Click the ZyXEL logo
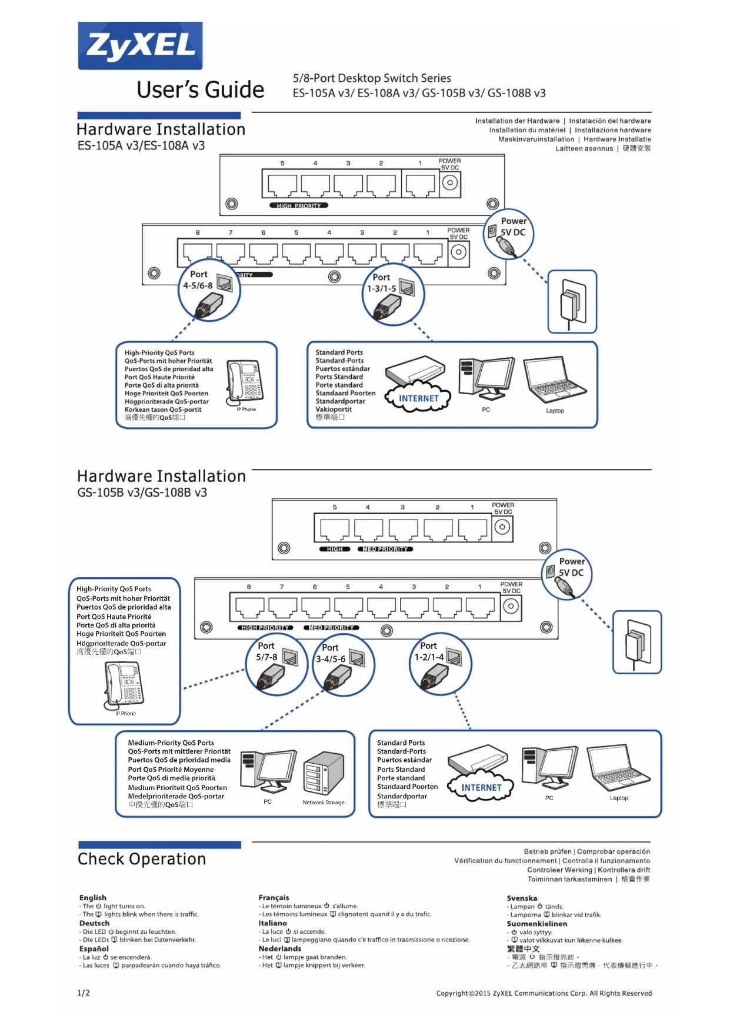point(140,46)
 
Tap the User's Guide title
point(200,90)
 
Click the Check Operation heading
point(142,859)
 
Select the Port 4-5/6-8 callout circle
point(209,290)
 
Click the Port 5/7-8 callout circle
point(276,665)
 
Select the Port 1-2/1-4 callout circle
point(440,664)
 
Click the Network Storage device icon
point(324,773)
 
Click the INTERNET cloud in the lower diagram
point(481,787)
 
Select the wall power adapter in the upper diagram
point(572,302)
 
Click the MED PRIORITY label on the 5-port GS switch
point(385,549)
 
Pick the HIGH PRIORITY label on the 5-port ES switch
point(299,206)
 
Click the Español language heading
point(94,948)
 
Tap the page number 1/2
point(84,993)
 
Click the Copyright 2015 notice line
point(544,993)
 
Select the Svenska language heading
point(522,898)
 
